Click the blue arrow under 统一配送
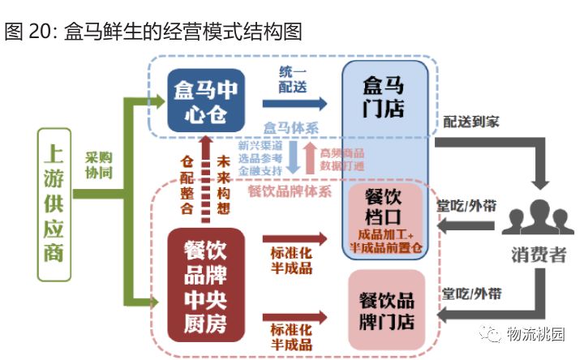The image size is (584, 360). click(294, 103)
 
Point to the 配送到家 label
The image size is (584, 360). click(470, 122)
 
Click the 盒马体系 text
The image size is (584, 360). click(291, 128)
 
